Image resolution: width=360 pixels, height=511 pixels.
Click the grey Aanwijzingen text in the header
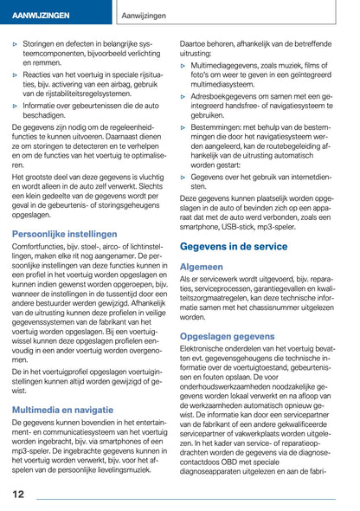tap(145, 16)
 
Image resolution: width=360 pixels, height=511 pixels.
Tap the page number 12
tap(18, 494)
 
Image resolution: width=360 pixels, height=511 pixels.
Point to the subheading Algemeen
tap(201, 267)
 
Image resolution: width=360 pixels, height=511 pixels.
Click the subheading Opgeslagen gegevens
tap(227, 335)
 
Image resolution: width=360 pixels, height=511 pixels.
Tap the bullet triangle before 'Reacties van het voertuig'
tap(16, 75)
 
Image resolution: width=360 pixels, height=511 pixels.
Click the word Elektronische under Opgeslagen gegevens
tap(209, 349)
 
